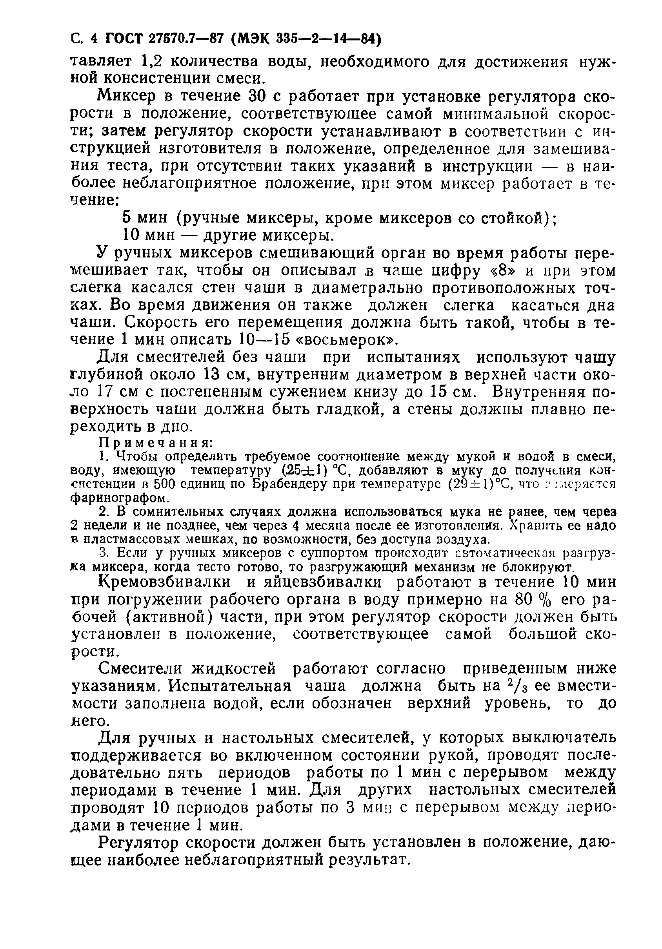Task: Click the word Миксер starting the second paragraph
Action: pos(127,97)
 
